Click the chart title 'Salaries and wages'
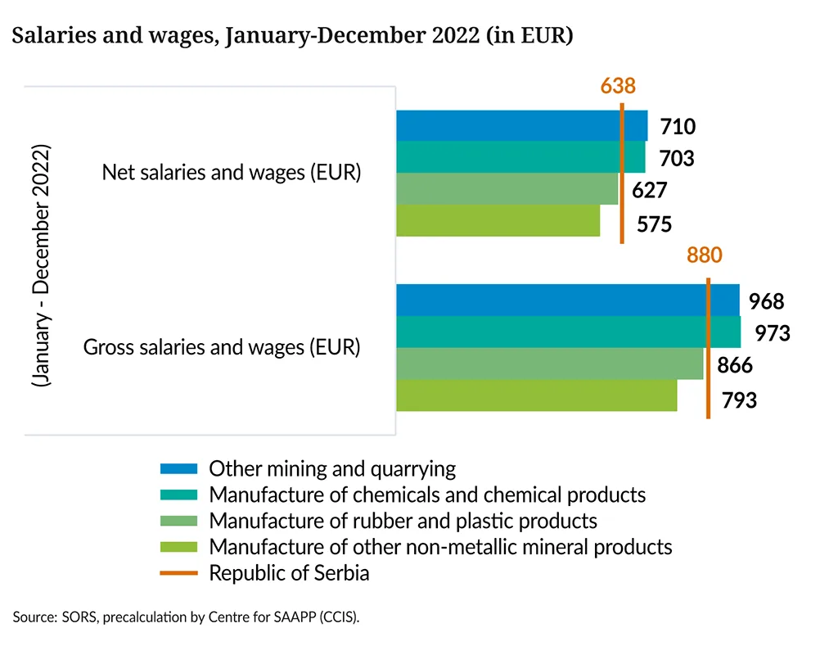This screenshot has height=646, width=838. pos(291,37)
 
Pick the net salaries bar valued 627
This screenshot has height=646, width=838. pos(507,189)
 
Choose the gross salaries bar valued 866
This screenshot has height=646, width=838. pos(549,364)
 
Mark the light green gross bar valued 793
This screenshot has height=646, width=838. pos(536,395)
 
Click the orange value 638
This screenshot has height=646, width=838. pos(618,85)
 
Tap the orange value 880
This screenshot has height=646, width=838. pos(704,255)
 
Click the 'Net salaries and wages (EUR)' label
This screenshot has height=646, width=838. pos(232,174)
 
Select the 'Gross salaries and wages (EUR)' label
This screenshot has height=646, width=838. pos(222,347)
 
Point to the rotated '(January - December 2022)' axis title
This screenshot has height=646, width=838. pos(42,266)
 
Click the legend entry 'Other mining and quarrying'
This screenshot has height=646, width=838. pos(331,469)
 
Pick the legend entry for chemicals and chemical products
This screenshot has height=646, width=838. pos(426,495)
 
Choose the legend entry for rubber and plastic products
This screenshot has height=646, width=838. pos(403,521)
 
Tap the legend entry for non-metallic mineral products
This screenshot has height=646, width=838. pos(440,547)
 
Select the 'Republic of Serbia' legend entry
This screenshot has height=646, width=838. pos(289,573)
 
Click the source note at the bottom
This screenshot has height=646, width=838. pos(186,617)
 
